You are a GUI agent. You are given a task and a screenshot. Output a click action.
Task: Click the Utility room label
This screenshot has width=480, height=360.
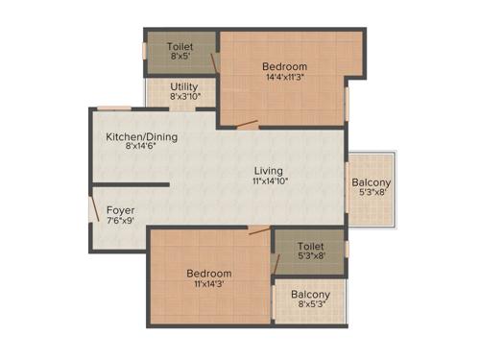(x=184, y=86)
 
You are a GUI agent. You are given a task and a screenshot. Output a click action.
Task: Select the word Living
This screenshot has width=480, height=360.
(x=268, y=170)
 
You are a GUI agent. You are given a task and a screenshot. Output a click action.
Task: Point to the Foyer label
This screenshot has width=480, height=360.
(x=120, y=209)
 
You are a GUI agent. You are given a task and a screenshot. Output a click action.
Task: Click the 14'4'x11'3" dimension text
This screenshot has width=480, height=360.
(x=284, y=79)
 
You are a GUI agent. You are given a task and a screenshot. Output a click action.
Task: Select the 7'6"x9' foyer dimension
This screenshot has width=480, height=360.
(x=120, y=221)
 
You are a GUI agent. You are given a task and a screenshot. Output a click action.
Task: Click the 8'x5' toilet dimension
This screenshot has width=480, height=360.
(x=180, y=57)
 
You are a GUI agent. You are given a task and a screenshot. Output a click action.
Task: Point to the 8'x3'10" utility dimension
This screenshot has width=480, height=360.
(x=184, y=97)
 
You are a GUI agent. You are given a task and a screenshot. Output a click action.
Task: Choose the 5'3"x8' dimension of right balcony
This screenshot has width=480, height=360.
(x=370, y=192)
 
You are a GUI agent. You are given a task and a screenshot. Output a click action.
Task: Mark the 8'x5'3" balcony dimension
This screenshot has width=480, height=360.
(x=310, y=306)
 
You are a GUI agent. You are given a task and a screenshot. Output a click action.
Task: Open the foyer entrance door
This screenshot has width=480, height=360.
(x=94, y=210)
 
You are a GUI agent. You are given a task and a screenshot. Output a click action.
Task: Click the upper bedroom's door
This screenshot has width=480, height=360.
(x=248, y=123)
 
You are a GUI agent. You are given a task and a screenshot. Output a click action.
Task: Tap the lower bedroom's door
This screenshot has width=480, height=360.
(x=258, y=229)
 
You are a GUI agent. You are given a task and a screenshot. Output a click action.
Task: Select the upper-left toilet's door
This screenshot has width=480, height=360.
(x=217, y=64)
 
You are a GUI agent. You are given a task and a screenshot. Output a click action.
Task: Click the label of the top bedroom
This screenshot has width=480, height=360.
(x=284, y=67)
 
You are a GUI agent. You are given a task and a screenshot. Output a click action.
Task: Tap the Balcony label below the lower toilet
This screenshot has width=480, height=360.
(x=310, y=295)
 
